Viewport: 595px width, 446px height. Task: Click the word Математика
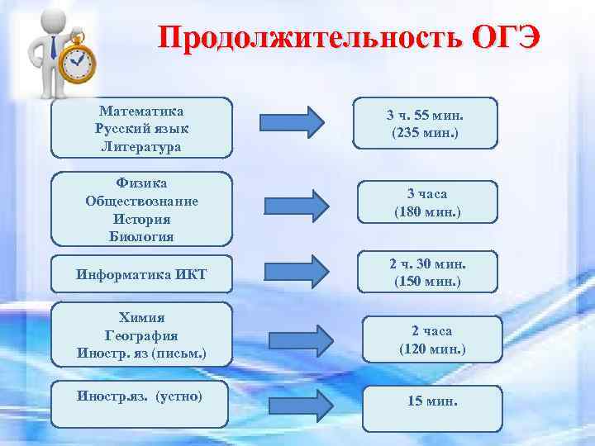click(x=141, y=111)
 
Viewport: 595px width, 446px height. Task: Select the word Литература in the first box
click(x=141, y=147)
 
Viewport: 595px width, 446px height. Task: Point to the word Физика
click(x=141, y=183)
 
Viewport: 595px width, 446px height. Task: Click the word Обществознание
click(x=141, y=201)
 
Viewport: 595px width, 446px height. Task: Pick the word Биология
click(x=141, y=237)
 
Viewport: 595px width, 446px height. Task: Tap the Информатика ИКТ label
click(x=141, y=274)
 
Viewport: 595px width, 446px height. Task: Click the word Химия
click(x=141, y=318)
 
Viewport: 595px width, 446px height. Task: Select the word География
click(x=141, y=336)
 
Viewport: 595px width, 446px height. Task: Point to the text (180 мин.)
click(x=426, y=212)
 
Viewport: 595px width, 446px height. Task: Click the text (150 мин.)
click(x=426, y=281)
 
